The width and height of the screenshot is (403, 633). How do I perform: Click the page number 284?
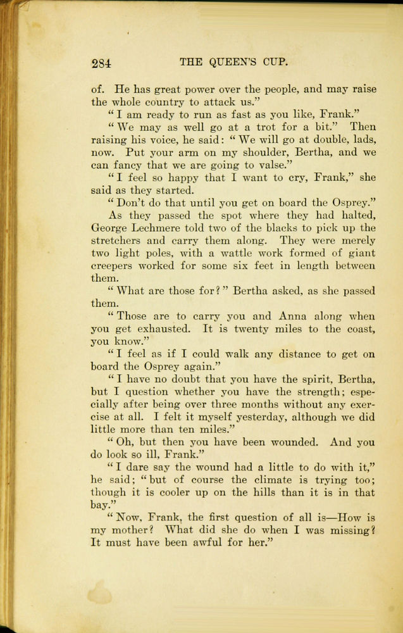point(101,63)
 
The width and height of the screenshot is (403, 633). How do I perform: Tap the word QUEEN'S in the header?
point(235,62)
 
